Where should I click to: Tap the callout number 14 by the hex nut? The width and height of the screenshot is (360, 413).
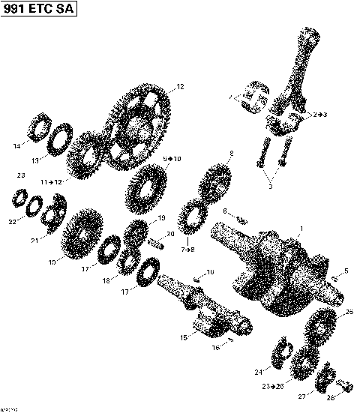(16, 146)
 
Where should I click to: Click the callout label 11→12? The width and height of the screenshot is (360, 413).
(51, 181)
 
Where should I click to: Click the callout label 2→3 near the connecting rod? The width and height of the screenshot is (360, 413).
(320, 114)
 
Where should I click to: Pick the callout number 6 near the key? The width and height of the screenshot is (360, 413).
(223, 212)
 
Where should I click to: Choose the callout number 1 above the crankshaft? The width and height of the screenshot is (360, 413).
(301, 226)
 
